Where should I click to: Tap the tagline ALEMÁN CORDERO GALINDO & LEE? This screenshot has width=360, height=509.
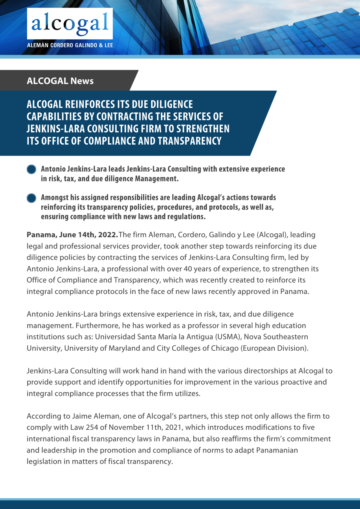coord(70,45)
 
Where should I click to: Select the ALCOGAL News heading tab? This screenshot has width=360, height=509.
coord(60,81)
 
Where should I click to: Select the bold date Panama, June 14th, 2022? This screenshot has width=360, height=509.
coord(72,235)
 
